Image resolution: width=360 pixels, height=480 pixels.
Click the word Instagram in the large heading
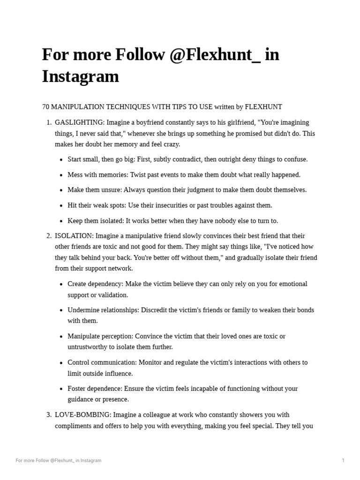[80, 76]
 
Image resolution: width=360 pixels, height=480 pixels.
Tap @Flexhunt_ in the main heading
[213, 54]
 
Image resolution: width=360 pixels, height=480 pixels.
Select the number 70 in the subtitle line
[45, 107]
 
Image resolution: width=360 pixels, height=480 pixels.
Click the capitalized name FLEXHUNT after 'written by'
[263, 107]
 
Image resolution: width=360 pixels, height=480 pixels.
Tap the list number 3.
[49, 415]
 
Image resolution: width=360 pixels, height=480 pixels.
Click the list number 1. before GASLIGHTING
[49, 122]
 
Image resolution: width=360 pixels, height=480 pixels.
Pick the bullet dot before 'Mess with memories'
[61, 175]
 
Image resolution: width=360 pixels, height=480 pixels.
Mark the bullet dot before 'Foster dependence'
[61, 389]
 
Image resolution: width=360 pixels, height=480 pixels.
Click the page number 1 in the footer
[343, 460]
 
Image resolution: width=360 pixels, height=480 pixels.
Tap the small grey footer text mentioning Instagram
[59, 460]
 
